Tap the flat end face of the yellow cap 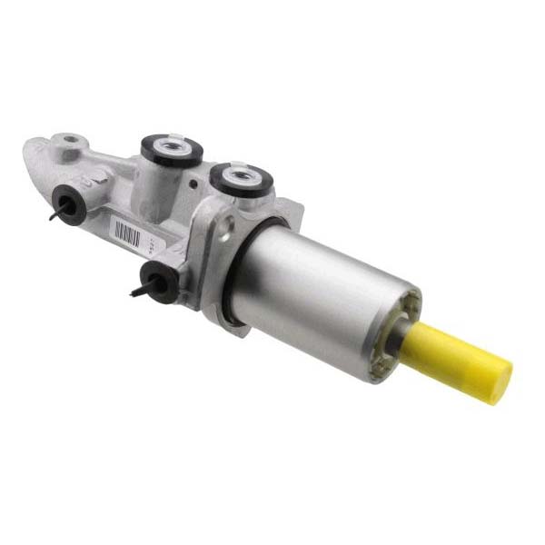coord(499,380)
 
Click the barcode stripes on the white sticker coord(127,231)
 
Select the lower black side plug coord(158,283)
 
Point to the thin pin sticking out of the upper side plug coord(55,216)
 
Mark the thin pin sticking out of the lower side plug coord(138,293)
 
